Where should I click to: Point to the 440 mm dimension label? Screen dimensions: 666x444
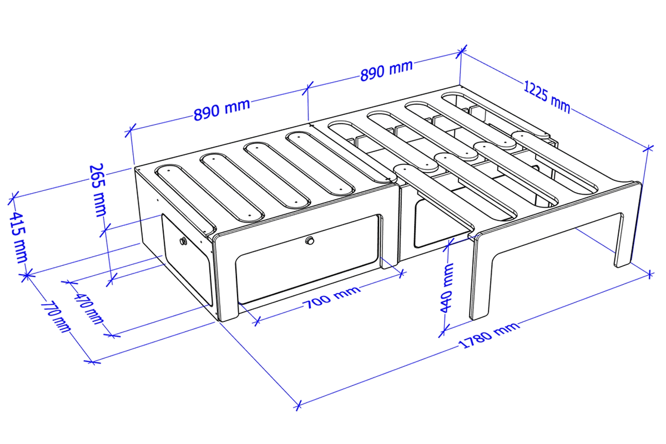(x=447, y=287)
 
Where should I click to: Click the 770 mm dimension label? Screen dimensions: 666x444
(x=56, y=317)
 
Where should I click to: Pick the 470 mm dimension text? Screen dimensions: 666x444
(x=89, y=309)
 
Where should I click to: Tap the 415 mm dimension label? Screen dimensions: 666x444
(x=18, y=238)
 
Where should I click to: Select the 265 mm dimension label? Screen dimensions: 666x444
(x=98, y=190)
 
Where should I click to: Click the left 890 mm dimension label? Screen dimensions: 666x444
(x=221, y=110)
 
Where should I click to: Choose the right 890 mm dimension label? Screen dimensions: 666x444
(x=386, y=70)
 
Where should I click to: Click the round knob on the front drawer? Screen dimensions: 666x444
(x=310, y=240)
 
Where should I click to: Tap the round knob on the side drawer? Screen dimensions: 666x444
(x=183, y=241)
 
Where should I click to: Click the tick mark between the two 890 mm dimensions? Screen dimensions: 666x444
(x=307, y=88)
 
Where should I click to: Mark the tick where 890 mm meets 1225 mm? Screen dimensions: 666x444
(x=461, y=52)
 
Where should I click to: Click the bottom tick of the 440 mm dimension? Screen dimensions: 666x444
(x=443, y=330)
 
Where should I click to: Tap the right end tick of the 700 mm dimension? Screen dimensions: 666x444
(x=402, y=273)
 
